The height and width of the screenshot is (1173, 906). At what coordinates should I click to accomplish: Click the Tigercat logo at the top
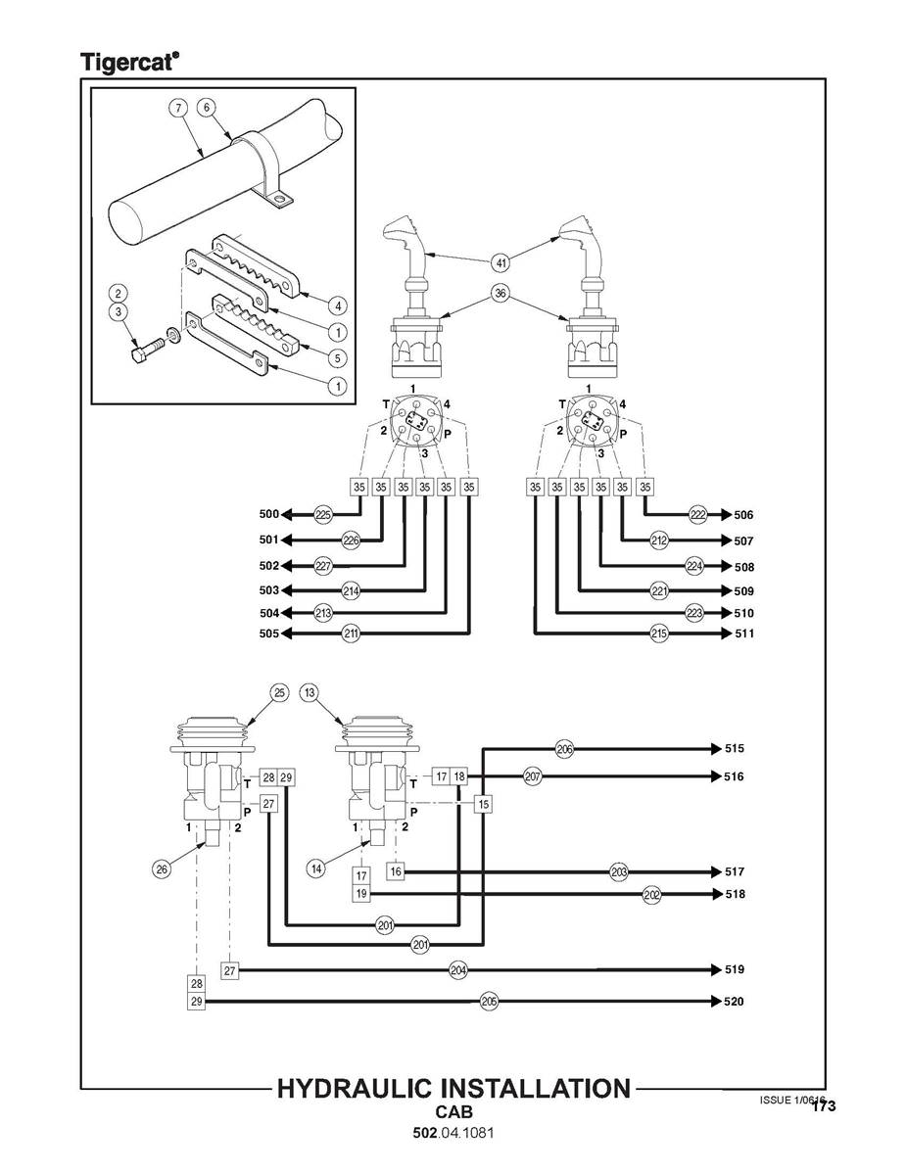pos(128,62)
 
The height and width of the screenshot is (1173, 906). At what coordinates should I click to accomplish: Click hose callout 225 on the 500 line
pos(323,514)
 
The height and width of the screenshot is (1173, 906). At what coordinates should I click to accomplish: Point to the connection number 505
pos(269,634)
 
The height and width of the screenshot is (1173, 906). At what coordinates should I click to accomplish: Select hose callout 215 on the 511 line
pos(660,634)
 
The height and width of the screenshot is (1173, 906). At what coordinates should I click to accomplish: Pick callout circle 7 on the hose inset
pos(177,108)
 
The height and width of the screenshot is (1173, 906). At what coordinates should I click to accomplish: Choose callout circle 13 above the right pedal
pos(310,693)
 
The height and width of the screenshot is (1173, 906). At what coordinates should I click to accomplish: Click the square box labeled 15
pos(483,804)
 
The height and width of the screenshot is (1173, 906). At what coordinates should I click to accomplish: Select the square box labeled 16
pos(396,871)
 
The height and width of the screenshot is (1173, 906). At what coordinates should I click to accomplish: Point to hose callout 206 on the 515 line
pos(564,749)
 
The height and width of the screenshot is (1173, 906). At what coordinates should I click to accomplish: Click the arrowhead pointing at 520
pos(713,1002)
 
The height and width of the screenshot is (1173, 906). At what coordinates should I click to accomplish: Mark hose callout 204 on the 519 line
pos(457,969)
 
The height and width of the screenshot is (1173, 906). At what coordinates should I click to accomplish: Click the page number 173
pos(824,1107)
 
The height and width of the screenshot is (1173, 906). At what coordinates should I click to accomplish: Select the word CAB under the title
pos(453,1113)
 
